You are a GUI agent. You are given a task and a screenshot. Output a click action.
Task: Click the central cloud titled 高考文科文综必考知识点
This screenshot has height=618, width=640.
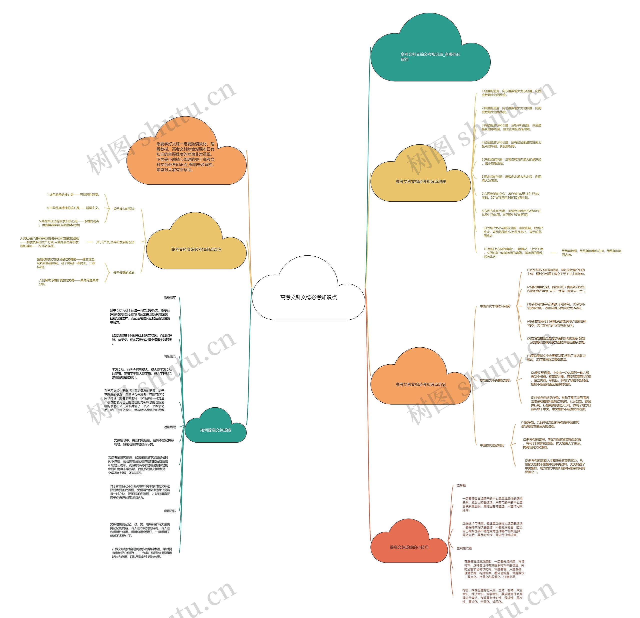(308, 297)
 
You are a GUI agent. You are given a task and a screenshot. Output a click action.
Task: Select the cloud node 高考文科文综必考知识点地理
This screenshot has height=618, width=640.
(420, 181)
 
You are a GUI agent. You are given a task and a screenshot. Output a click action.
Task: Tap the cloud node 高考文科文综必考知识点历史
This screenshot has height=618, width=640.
(420, 384)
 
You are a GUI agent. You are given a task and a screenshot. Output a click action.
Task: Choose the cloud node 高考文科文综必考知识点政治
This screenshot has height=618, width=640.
(196, 249)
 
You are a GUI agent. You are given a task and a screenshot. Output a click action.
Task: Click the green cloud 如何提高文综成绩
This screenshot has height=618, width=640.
(215, 430)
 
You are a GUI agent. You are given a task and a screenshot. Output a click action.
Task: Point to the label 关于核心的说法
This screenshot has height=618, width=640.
(124, 209)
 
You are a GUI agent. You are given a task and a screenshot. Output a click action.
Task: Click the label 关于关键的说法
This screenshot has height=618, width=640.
(124, 273)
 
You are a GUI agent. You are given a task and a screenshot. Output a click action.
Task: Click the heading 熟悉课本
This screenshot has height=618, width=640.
(170, 297)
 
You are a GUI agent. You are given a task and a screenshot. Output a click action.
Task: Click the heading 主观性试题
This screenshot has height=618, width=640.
(464, 548)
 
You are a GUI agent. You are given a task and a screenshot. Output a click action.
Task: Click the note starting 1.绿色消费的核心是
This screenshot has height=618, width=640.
(73, 195)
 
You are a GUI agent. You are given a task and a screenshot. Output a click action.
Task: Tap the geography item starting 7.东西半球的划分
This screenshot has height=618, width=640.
(510, 196)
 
